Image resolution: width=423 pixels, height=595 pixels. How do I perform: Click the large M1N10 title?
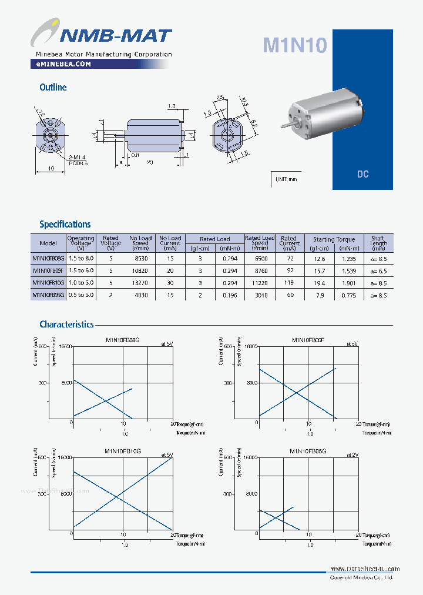(x=294, y=45)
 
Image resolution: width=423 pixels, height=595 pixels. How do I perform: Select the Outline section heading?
(x=53, y=87)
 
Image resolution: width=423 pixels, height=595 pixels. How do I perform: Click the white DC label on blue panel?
(x=362, y=175)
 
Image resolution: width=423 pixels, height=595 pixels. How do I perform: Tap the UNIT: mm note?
(x=287, y=179)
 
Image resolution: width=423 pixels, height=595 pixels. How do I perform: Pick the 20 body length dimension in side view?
(x=150, y=162)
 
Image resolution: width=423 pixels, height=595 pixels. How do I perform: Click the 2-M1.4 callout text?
(x=77, y=158)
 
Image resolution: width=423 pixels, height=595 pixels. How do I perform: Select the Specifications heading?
(x=65, y=224)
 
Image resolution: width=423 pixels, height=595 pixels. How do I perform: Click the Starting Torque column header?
(x=334, y=239)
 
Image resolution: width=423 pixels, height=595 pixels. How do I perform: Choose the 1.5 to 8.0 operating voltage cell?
(x=81, y=258)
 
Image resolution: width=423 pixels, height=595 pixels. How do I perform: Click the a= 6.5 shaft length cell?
(x=378, y=270)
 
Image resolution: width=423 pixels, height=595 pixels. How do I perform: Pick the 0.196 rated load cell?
(x=230, y=295)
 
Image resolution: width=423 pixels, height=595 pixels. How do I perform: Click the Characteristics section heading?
(x=66, y=324)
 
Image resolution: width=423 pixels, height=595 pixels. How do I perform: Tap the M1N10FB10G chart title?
(x=123, y=451)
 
